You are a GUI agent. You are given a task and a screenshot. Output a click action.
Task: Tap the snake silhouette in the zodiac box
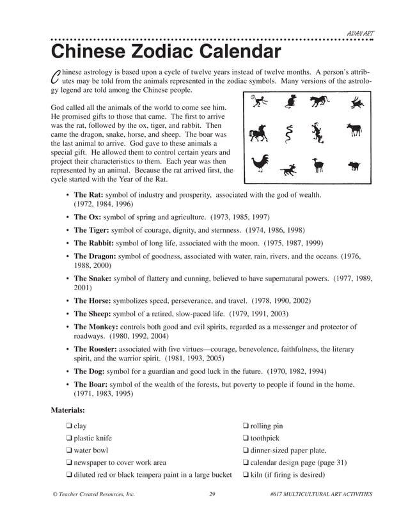[289, 134]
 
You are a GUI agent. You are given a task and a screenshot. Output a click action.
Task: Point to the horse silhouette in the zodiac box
[258, 133]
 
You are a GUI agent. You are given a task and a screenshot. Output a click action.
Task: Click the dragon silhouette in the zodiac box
[318, 132]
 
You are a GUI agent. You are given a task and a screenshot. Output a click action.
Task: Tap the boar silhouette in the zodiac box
[354, 166]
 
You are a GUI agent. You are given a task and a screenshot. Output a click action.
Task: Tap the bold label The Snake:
[93, 279]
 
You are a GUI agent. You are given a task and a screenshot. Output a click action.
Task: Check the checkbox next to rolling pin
[246, 426]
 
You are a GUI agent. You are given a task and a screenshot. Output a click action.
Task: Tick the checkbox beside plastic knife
[68, 439]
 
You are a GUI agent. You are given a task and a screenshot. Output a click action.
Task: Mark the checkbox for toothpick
[246, 439]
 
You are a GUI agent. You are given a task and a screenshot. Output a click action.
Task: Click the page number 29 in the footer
[212, 494]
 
